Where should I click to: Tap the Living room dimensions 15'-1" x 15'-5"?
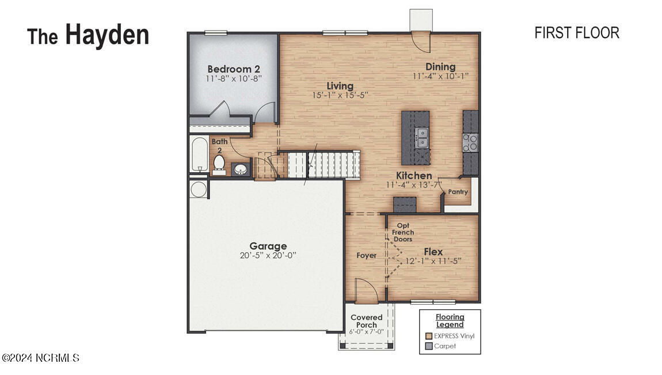tap(340, 95)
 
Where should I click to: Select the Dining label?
tap(440, 67)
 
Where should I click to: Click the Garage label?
tap(268, 246)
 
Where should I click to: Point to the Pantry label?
tap(458, 192)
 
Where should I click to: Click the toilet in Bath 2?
tap(219, 164)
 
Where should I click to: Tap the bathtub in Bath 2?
tap(200, 154)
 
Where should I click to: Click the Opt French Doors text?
tap(403, 232)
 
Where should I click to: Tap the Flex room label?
tap(433, 252)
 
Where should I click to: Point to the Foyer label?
tap(367, 255)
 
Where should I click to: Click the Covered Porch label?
tap(367, 321)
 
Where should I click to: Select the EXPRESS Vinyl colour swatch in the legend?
tap(429, 336)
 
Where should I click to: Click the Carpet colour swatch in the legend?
tap(429, 346)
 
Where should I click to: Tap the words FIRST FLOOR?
tap(577, 33)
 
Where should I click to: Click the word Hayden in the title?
tap(107, 35)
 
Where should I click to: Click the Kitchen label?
tap(414, 176)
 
